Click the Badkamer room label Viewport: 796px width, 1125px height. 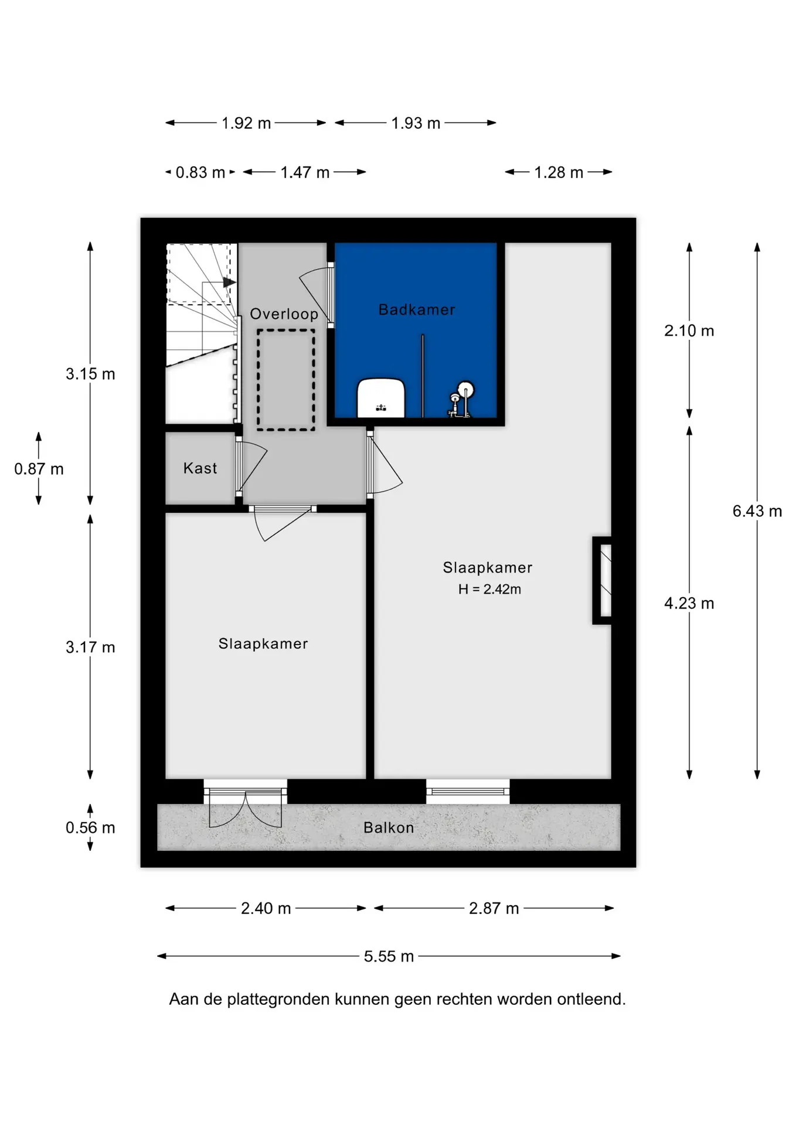(416, 309)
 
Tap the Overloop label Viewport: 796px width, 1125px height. (284, 314)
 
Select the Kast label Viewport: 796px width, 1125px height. (200, 468)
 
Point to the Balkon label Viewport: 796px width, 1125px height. (389, 827)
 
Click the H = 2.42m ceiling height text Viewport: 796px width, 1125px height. (489, 589)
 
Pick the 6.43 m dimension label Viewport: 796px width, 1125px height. (757, 511)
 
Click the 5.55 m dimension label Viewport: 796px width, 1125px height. (389, 956)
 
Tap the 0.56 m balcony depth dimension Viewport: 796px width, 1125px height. (90, 827)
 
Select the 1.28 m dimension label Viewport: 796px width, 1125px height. (559, 172)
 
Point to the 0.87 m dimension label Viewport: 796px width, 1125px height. (39, 469)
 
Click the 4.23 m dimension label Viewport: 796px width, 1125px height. (689, 603)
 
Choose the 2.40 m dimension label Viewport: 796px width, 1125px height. (266, 908)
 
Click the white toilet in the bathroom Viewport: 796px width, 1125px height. (381, 398)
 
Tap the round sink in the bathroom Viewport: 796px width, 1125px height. (465, 390)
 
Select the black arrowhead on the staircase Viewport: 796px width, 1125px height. (229, 282)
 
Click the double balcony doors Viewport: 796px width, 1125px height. (246, 809)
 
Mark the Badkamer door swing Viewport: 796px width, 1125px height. (316, 296)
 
